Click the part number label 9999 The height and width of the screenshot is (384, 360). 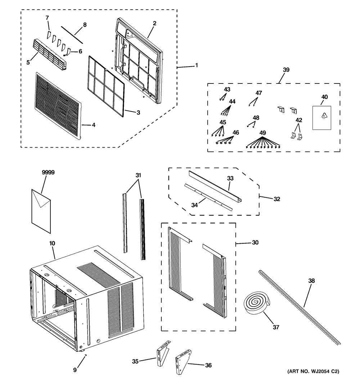[48, 172]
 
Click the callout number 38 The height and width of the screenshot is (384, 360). [311, 281]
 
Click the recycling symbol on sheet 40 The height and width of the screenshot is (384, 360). [324, 115]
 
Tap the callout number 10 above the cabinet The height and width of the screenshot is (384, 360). [52, 243]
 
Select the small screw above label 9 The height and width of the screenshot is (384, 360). [85, 354]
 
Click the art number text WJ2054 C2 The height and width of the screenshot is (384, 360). [321, 371]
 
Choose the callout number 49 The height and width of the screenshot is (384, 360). [262, 133]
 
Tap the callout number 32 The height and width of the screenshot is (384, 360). [277, 199]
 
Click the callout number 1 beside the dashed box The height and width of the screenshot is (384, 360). [197, 65]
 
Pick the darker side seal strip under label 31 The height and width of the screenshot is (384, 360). [143, 229]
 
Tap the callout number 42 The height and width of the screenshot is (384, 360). [299, 120]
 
